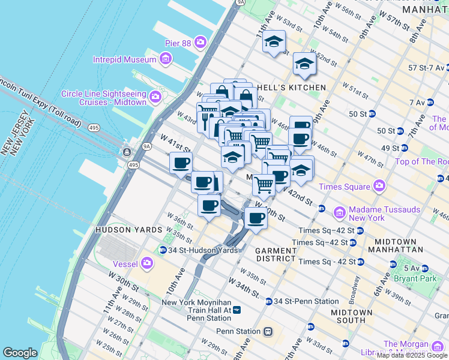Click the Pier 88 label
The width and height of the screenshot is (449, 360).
(178, 43)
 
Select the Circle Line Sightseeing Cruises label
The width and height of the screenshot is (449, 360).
(104, 98)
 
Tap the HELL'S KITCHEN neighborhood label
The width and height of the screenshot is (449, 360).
(291, 88)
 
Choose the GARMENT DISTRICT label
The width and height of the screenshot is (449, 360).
(276, 254)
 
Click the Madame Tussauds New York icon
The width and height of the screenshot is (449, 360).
(339, 212)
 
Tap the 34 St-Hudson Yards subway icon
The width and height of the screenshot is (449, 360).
(163, 250)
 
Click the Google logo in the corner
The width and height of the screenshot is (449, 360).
(20, 353)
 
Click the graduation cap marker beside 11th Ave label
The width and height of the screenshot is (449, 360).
(274, 42)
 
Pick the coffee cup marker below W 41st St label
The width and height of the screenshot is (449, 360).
(180, 163)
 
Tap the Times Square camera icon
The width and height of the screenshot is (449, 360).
(379, 186)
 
